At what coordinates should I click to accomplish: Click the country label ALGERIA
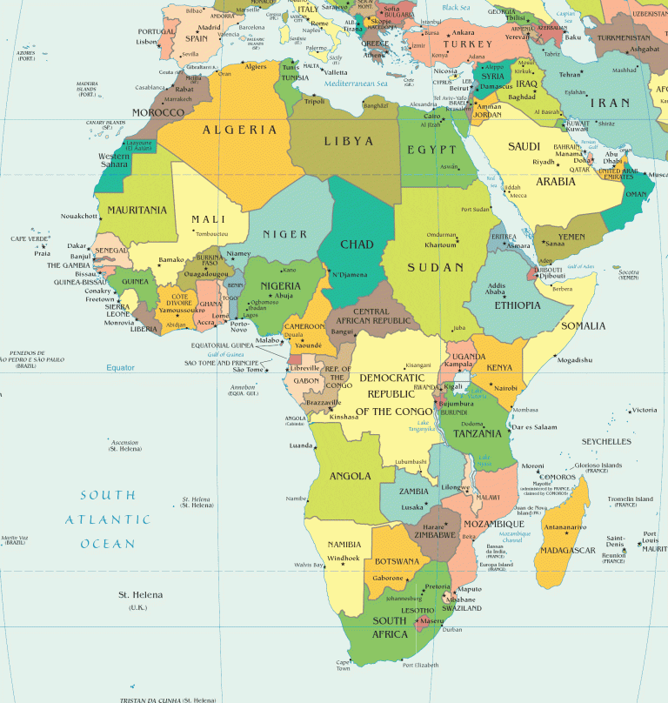[x=240, y=130]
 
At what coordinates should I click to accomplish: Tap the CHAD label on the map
[x=357, y=244]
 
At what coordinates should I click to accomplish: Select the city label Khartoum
[x=441, y=244]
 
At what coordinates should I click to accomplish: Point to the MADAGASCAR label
[x=566, y=551]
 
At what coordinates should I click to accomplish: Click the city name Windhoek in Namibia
[x=344, y=558]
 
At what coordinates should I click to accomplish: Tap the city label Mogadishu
[x=575, y=359]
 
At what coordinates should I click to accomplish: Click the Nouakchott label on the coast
[x=79, y=216]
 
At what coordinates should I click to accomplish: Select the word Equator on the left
[x=121, y=367]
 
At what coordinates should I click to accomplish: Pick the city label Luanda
[x=300, y=445]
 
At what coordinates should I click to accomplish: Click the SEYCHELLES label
[x=606, y=441]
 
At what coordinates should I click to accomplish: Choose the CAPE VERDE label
[x=29, y=238]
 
